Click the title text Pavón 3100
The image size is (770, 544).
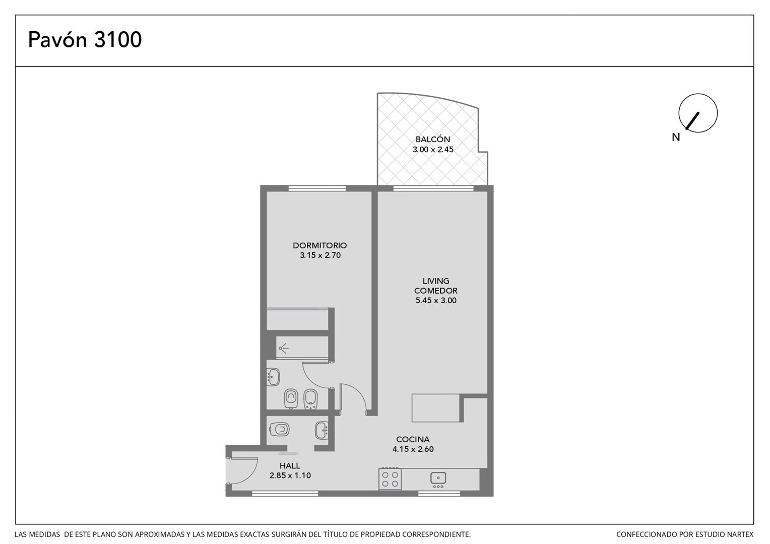85,39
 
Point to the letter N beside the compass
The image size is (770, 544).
676,137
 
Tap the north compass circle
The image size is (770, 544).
698,113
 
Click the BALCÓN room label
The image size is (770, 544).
433,139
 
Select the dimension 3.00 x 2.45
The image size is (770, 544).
433,150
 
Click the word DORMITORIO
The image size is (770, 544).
319,245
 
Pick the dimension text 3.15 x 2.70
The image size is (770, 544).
320,255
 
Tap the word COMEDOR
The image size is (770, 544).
435,291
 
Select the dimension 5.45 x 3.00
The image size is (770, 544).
436,300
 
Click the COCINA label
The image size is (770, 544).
413,439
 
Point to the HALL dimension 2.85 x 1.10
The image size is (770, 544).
290,475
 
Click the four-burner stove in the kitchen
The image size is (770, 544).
390,479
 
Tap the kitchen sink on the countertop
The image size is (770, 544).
438,479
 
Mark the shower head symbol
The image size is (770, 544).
283,349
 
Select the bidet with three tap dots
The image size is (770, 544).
311,399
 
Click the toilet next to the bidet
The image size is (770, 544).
291,399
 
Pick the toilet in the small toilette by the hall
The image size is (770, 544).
280,429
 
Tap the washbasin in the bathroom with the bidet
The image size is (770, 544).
273,377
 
